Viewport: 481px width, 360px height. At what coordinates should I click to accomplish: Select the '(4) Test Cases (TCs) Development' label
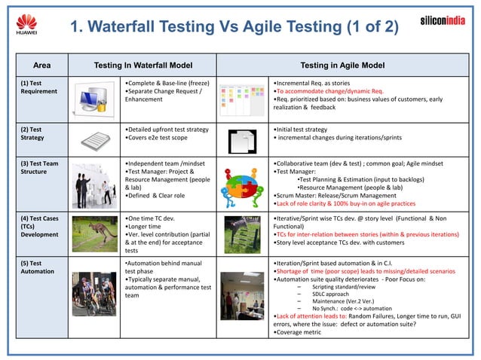pos(40,227)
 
